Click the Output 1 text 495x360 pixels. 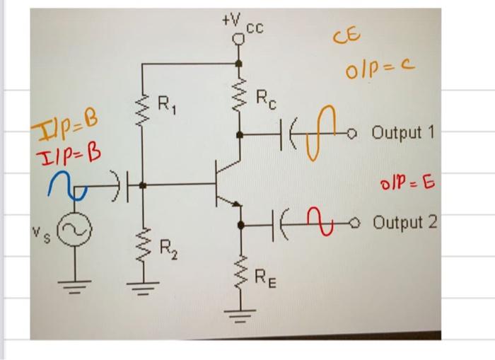pyautogui.click(x=402, y=133)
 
